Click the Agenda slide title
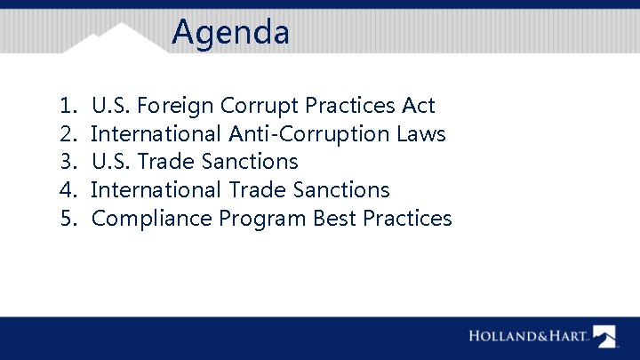coord(231,33)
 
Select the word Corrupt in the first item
coord(260,106)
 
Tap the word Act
coord(418,106)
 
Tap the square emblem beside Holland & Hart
coord(604,336)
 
